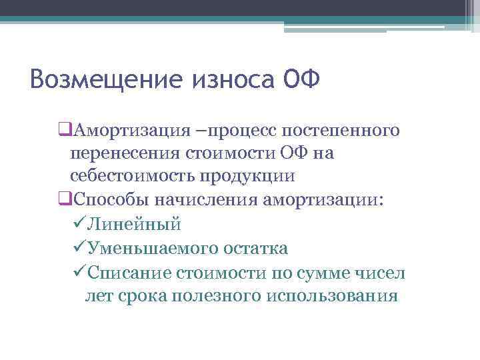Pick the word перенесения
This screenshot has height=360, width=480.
124,153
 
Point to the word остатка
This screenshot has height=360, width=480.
257,249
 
